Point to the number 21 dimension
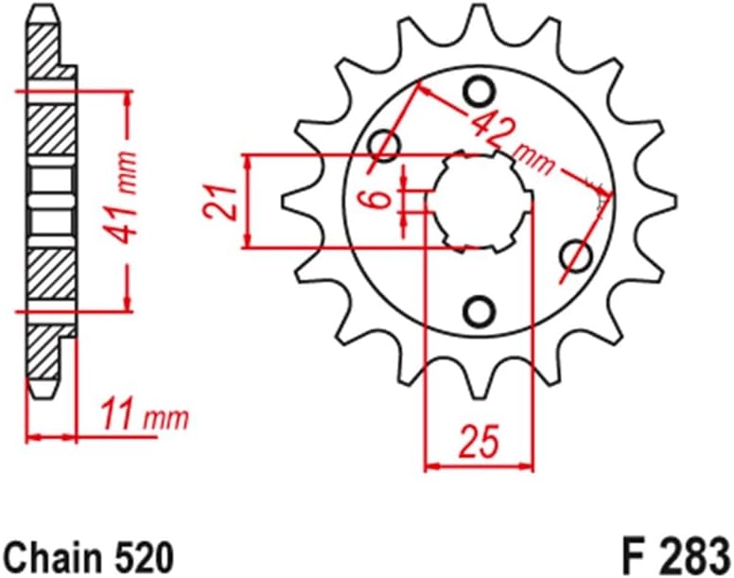click(223, 201)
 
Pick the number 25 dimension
click(479, 441)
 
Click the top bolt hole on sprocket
click(480, 91)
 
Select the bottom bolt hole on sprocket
click(480, 311)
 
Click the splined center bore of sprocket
click(480, 201)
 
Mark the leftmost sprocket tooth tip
click(287, 200)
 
